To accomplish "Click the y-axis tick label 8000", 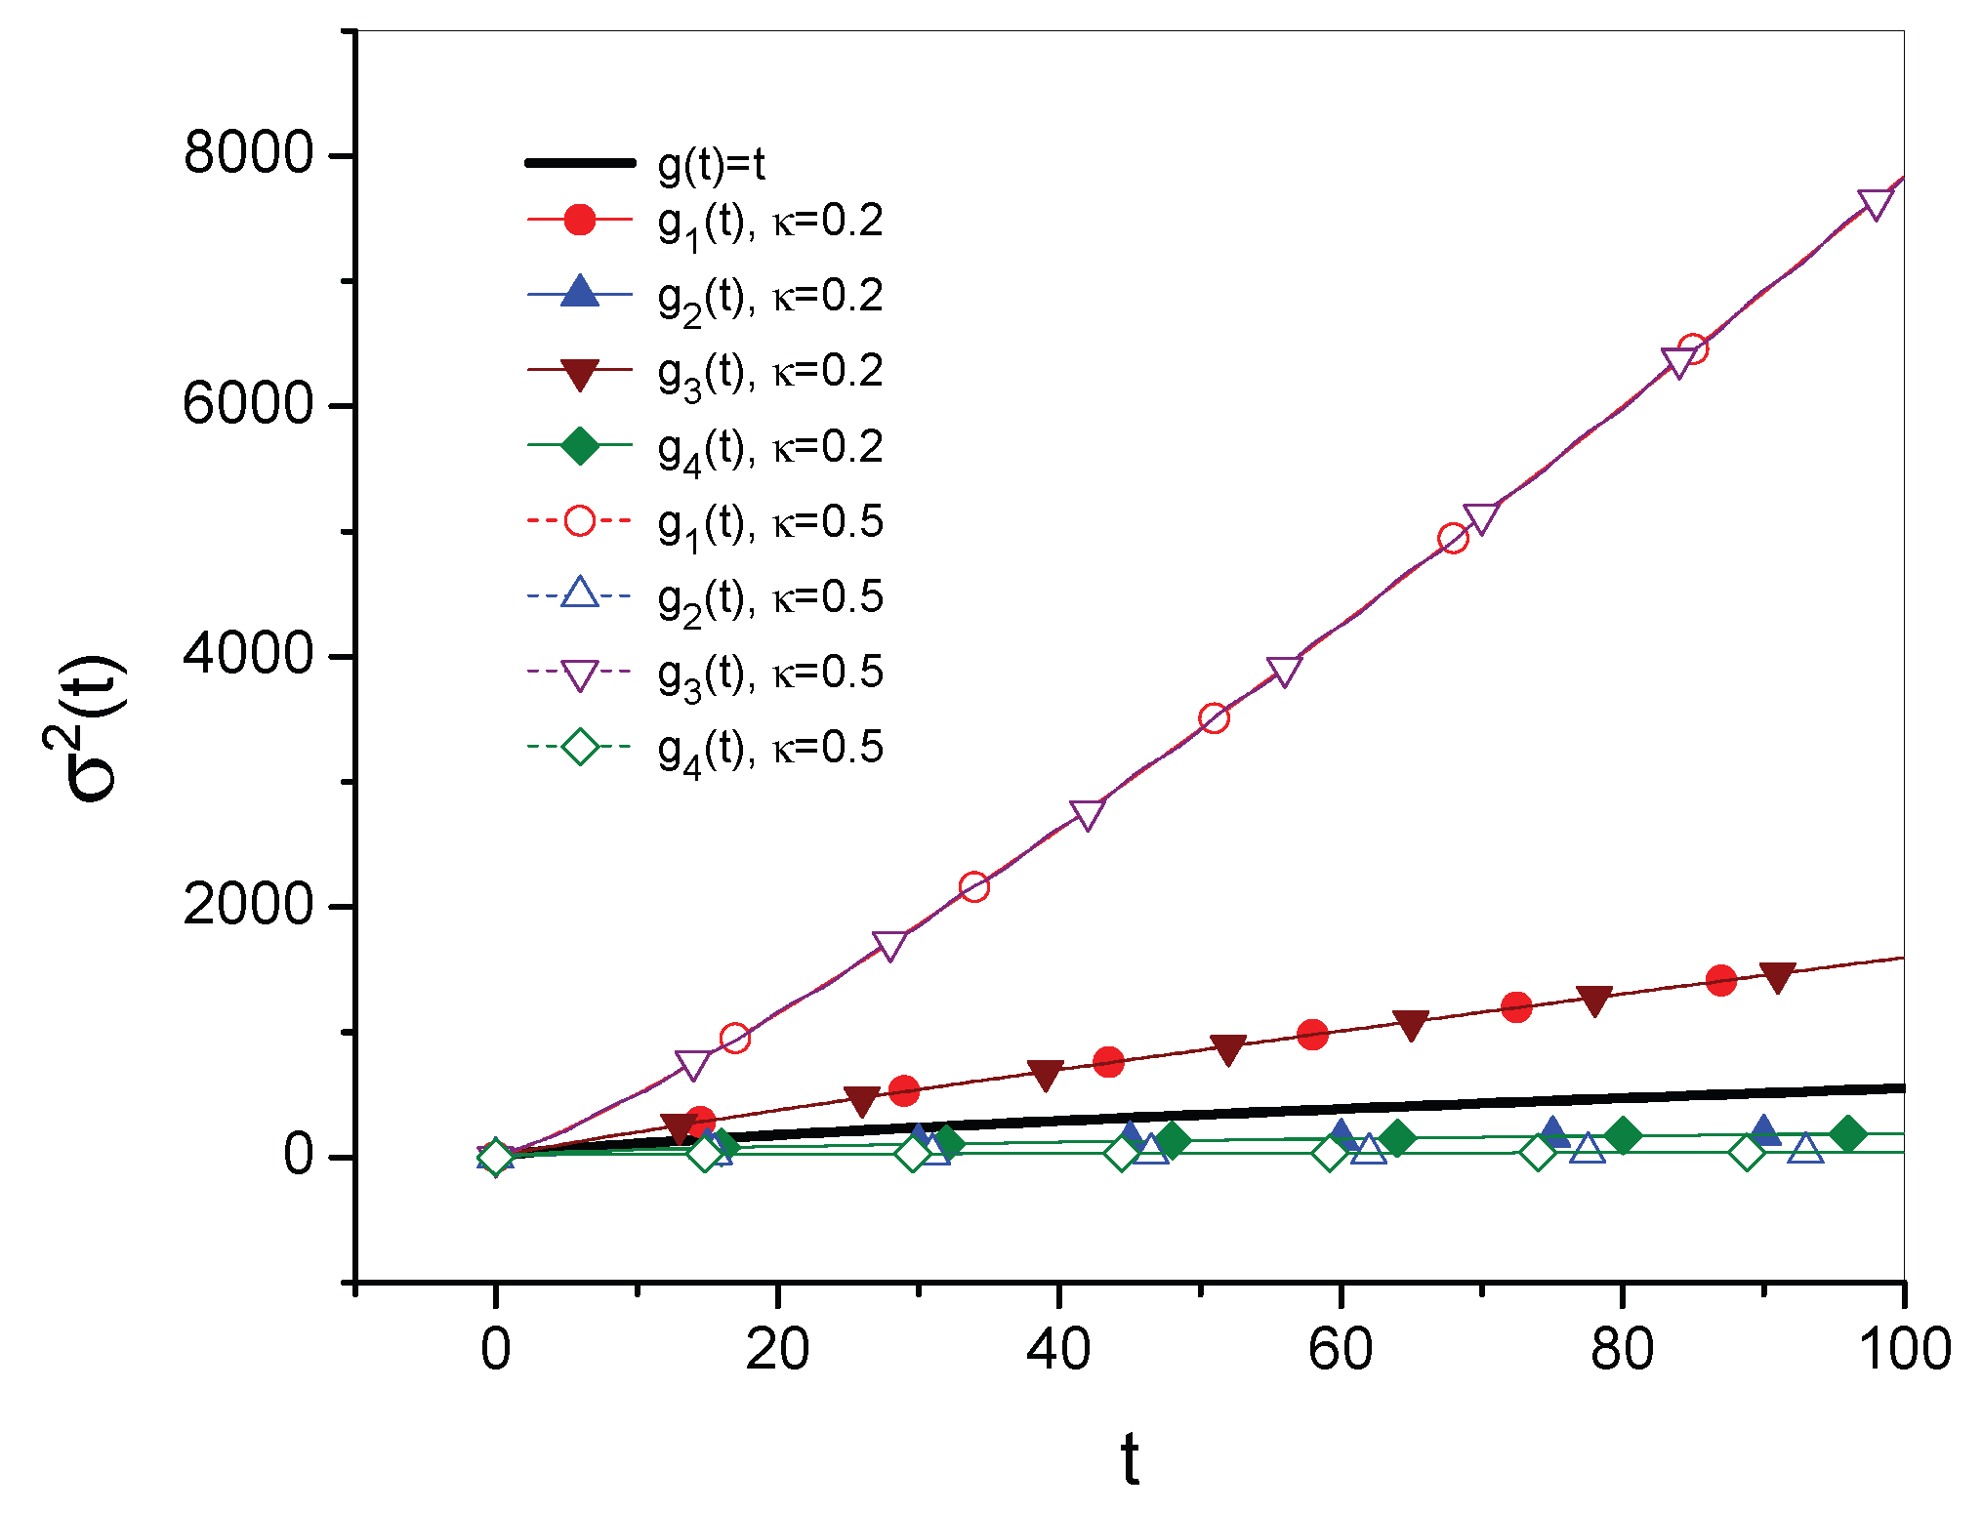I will tap(247, 153).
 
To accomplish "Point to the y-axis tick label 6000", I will tap(247, 403).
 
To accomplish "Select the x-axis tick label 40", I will tap(1058, 1350).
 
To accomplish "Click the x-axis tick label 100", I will tap(1902, 1350).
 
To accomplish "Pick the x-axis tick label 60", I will tap(1340, 1350).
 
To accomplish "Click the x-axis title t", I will tap(1130, 1460).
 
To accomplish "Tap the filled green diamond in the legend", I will tap(580, 445).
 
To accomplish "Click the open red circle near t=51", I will tap(1213, 718).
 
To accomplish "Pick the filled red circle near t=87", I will tap(1721, 980).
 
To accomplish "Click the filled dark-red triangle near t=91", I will tap(1777, 976).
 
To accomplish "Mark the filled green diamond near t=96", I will tap(1847, 1134).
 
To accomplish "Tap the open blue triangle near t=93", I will tap(1806, 1149).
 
